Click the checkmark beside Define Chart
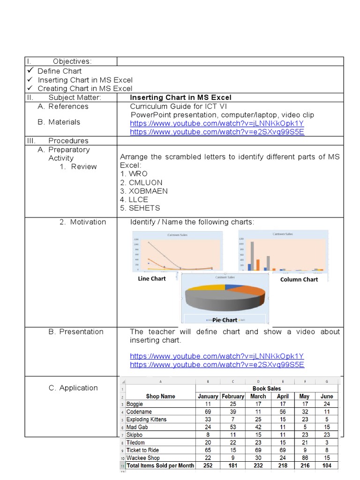[30, 70]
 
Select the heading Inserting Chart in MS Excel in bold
[180, 97]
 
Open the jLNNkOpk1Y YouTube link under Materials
[217, 124]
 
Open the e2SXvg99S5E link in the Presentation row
[217, 365]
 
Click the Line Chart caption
[152, 278]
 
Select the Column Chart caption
[299, 279]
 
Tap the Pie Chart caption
[225, 320]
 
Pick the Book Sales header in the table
[266, 389]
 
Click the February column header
[233, 397]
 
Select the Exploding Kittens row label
[146, 420]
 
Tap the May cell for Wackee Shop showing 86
[305, 458]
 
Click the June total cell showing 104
[327, 466]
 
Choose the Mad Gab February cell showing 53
[233, 427]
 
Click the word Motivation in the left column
[88, 222]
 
